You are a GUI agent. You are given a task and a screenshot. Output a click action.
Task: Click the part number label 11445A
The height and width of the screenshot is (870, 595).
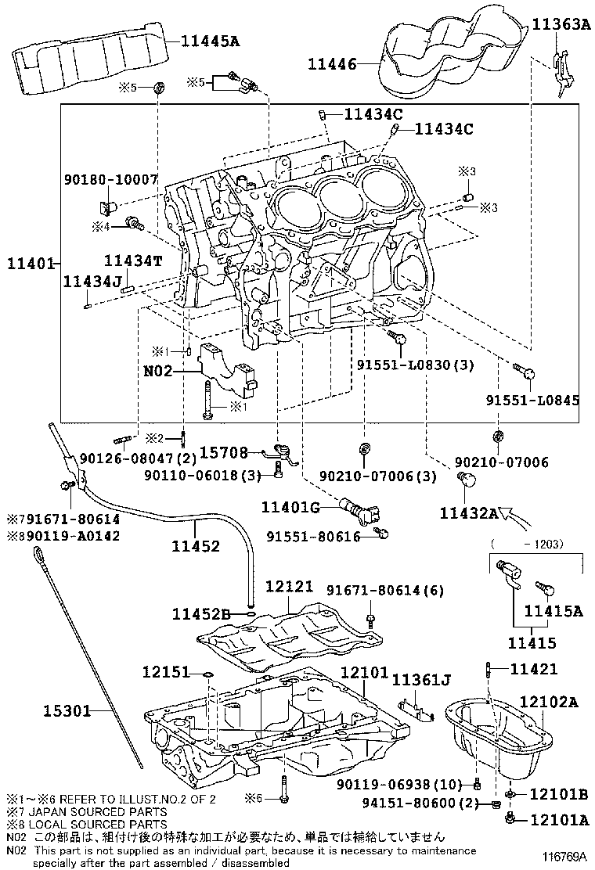point(211,41)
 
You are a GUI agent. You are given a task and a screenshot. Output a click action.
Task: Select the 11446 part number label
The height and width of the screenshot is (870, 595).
point(332,64)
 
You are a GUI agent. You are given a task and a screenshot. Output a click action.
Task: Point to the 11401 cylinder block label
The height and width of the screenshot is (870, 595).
point(30,263)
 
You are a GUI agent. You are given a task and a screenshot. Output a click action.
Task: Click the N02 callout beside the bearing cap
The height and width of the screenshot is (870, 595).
point(158,371)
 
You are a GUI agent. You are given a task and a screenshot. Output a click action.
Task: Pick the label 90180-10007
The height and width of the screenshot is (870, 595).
point(111,179)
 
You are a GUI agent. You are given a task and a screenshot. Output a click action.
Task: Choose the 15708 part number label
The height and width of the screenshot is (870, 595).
point(224,453)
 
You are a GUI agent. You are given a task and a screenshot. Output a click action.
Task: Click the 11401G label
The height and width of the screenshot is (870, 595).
point(290,507)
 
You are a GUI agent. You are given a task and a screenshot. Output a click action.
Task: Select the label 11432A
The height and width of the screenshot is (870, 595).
point(469,513)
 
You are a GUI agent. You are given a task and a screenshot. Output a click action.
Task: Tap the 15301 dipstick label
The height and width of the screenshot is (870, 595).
point(67,710)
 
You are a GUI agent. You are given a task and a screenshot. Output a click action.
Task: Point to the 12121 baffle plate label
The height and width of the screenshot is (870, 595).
point(289,586)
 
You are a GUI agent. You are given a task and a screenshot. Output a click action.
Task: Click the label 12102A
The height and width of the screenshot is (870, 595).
point(549,702)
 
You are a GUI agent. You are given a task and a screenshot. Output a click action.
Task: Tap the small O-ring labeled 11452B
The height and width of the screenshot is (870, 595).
point(251,613)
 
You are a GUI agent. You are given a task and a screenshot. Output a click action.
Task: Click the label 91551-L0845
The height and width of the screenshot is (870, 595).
point(533,400)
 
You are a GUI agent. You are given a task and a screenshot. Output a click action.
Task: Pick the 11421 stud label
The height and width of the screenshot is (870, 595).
point(533,669)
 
